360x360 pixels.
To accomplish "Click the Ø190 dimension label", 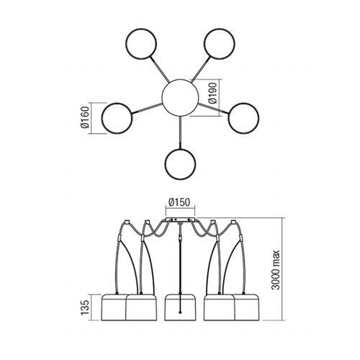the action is (x=213, y=93).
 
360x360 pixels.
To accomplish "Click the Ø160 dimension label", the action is (x=85, y=117).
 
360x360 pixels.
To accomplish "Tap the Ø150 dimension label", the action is (x=179, y=202).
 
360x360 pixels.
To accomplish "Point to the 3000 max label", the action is (x=276, y=270).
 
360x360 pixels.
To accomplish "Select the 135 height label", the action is (x=85, y=307).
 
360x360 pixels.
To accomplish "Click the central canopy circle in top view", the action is (x=180, y=97).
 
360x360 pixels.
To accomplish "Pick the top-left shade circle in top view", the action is (x=141, y=44).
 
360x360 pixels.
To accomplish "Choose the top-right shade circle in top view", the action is (x=220, y=44).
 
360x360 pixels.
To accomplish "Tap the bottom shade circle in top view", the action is (x=180, y=164).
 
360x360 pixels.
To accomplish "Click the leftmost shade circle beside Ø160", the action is (x=117, y=118).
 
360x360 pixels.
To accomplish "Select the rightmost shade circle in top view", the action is (x=243, y=118).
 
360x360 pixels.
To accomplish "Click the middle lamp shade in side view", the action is (x=180, y=307).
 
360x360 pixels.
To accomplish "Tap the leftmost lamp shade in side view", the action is (x=114, y=307).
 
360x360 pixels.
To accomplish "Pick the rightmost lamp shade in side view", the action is (x=247, y=307).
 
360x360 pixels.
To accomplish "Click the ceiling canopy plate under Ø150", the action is (x=180, y=220).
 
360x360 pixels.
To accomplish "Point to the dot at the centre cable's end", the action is (x=180, y=312).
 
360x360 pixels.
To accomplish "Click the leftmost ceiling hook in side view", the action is (x=127, y=222).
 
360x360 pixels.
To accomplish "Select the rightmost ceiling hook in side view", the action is (x=233, y=222).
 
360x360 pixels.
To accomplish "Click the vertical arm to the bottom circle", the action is (x=180, y=132).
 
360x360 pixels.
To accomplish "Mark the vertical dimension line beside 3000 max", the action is (x=282, y=269).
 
